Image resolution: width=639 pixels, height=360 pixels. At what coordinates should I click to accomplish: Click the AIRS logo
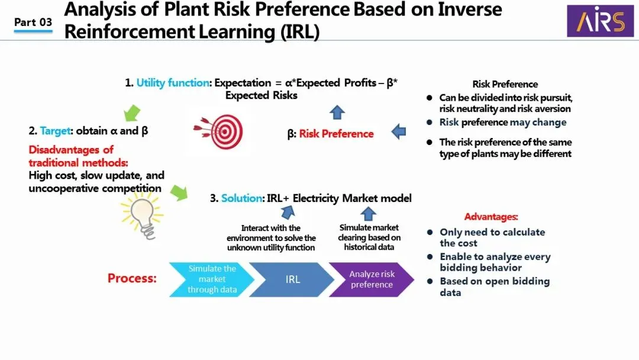click(x=600, y=21)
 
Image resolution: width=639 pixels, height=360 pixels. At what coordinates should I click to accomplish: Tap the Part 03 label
click(x=33, y=22)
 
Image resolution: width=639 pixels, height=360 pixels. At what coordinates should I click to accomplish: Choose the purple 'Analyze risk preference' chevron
click(x=372, y=279)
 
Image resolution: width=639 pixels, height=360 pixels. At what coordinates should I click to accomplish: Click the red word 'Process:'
click(x=132, y=278)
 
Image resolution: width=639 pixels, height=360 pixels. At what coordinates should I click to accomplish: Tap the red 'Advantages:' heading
click(x=491, y=217)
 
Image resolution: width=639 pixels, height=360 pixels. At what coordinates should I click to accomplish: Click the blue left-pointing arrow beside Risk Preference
click(x=399, y=131)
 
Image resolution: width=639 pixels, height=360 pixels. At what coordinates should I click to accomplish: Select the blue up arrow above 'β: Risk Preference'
click(x=337, y=112)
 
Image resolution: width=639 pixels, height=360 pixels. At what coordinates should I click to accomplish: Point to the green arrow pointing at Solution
click(x=179, y=192)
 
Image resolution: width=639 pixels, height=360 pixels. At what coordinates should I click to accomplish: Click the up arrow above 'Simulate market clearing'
click(x=369, y=214)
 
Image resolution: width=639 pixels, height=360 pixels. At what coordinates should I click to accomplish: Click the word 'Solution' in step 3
click(x=242, y=198)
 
